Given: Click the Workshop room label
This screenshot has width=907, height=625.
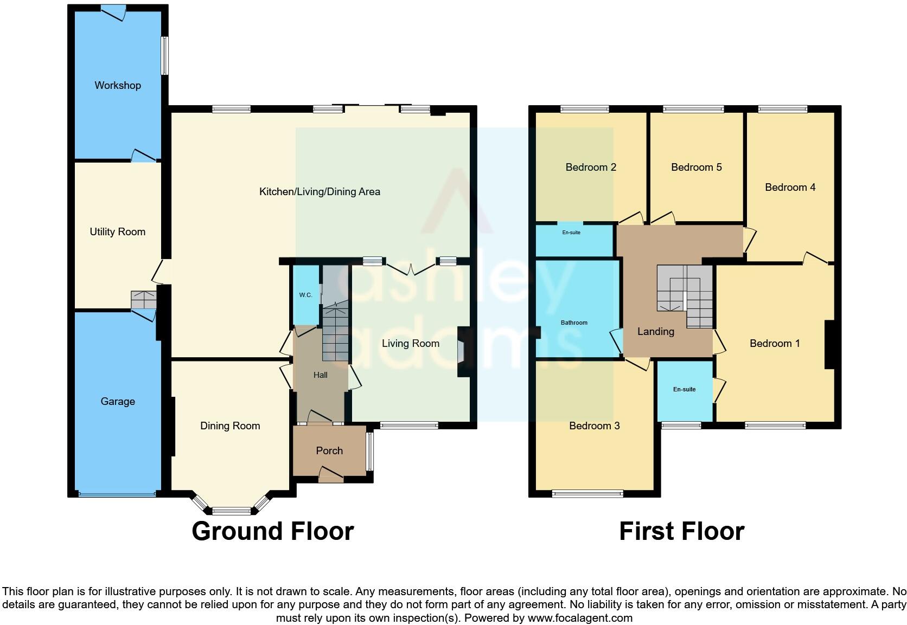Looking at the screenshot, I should point(118,85).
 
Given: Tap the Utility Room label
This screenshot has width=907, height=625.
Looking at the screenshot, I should point(118,232).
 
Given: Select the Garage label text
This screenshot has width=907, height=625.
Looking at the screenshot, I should point(118,402).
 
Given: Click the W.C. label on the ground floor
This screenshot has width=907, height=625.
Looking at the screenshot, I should point(305,295).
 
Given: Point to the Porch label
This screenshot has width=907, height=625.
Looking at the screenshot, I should point(329,450).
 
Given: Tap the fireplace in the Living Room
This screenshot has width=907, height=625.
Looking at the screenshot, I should point(461,351).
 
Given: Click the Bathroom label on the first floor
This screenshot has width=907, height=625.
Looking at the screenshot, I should point(574,323).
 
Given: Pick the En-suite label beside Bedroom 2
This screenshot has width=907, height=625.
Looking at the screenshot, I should point(571,233).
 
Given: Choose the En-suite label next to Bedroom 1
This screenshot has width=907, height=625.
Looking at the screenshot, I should point(684,389).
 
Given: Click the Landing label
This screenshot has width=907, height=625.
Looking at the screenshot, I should point(655,331).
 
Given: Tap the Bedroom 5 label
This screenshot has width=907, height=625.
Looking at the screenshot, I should point(696,167).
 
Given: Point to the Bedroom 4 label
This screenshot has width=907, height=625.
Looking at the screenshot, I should point(790,187).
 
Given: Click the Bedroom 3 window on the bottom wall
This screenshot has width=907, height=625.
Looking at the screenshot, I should point(587,493).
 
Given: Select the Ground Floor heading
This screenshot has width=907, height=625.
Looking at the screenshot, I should point(272,531).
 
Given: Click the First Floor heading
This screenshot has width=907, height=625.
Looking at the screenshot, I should point(681,531).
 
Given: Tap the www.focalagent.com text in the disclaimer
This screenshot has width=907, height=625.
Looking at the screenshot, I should point(579,618).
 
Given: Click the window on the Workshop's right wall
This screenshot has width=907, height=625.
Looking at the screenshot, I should point(164,55).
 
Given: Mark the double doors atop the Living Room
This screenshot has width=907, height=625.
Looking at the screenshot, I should point(411,267).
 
